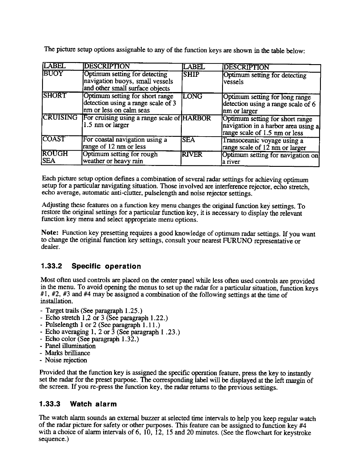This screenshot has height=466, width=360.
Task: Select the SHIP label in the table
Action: coord(191,75)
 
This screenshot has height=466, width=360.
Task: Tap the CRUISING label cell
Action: coord(60,118)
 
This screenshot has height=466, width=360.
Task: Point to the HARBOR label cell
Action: coord(197,118)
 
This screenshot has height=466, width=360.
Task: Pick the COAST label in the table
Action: coord(54,139)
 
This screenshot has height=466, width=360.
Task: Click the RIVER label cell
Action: coord(193,154)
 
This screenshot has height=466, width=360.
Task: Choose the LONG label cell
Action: coord(192,96)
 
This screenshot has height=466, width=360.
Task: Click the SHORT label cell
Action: coord(55,96)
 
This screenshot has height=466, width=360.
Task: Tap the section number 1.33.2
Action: coord(51,267)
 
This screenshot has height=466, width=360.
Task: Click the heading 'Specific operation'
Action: coord(106,267)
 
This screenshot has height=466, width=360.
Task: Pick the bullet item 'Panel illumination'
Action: coord(70,346)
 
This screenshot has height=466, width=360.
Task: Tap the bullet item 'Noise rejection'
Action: coord(66,360)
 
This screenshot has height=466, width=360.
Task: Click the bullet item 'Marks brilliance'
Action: coord(67,353)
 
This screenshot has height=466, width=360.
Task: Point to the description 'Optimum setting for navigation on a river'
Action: coord(270,158)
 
